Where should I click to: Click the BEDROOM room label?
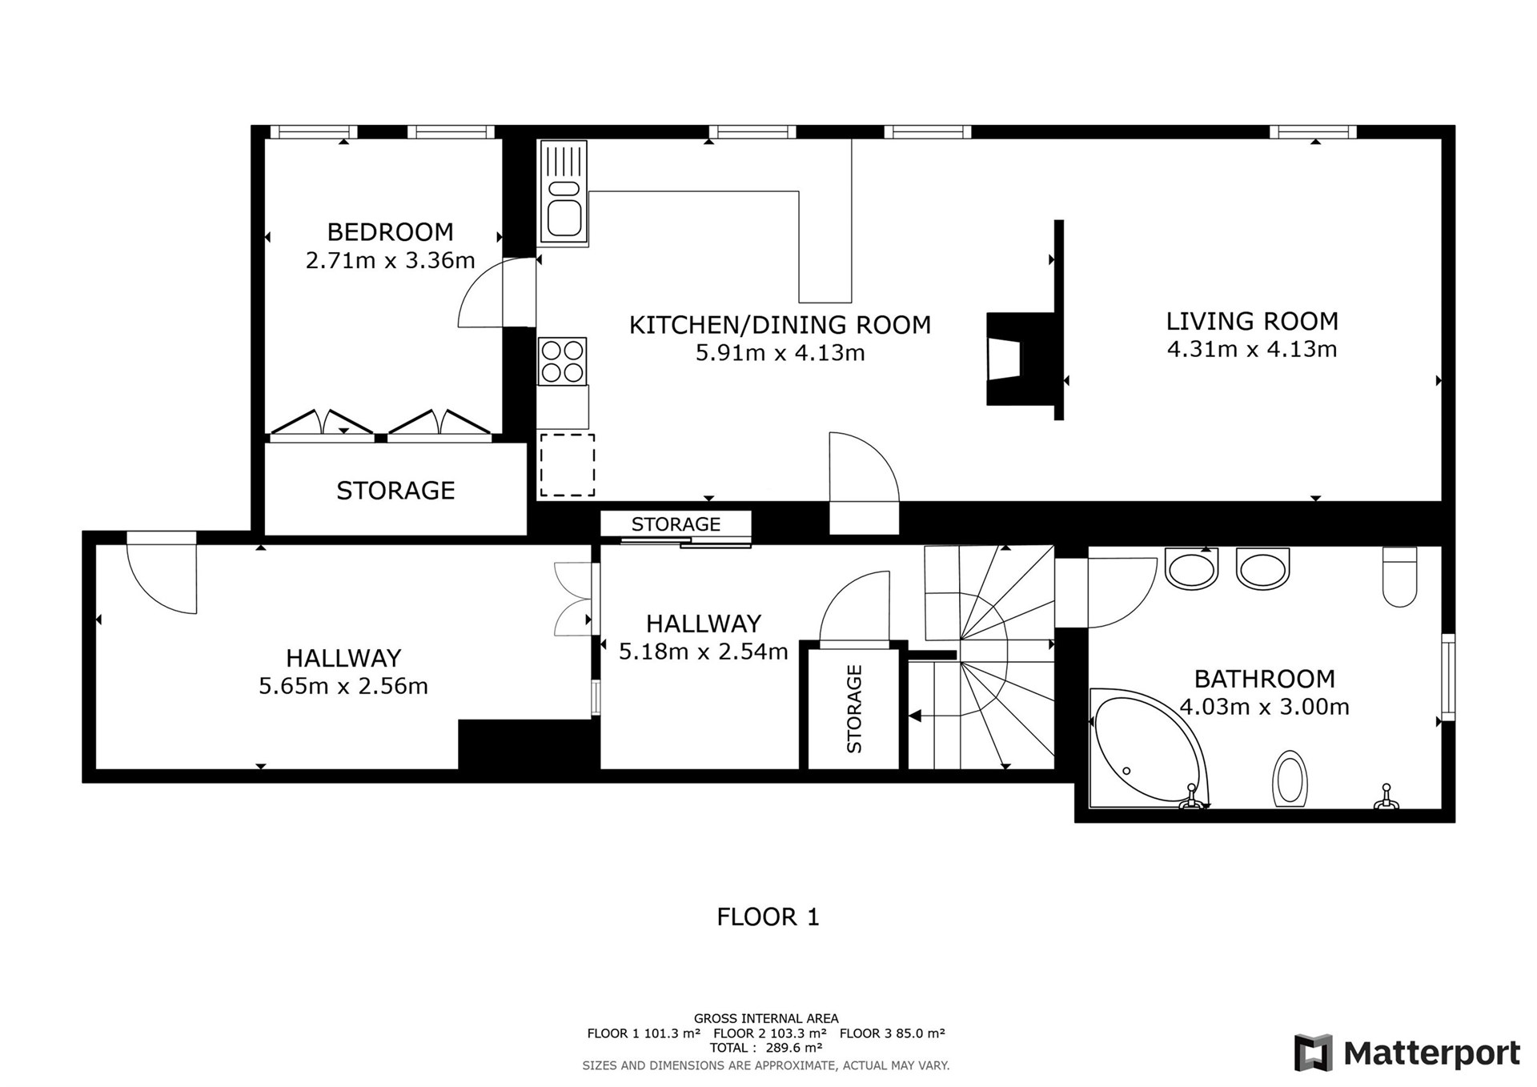tap(391, 232)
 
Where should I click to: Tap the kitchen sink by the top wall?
tap(564, 191)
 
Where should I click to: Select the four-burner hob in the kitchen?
tap(563, 361)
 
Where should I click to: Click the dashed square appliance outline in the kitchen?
tap(567, 465)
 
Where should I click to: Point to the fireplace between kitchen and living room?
tap(1020, 359)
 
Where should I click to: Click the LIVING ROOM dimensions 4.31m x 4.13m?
tap(1252, 349)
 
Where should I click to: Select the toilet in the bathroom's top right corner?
tap(1399, 576)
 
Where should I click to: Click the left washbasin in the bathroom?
tap(1192, 569)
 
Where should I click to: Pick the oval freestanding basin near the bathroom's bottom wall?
tap(1289, 778)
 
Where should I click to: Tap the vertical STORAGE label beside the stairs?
tap(854, 709)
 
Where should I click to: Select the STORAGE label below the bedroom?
tap(395, 490)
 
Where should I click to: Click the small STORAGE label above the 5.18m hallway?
tap(676, 524)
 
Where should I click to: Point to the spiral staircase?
tap(989, 657)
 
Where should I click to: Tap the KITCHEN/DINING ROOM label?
tap(780, 325)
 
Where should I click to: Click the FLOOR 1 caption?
tap(768, 917)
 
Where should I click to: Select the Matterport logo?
tap(1407, 1053)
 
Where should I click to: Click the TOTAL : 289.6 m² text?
tap(766, 1048)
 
